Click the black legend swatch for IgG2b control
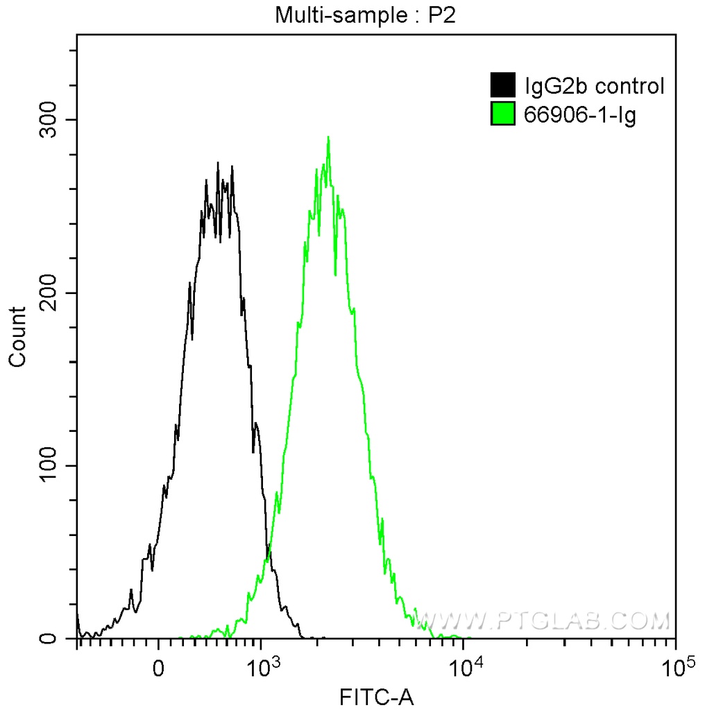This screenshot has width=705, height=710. [503, 86]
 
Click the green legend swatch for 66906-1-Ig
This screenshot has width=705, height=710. [503, 114]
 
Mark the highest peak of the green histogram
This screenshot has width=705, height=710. [328, 137]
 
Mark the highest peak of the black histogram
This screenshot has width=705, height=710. [218, 163]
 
